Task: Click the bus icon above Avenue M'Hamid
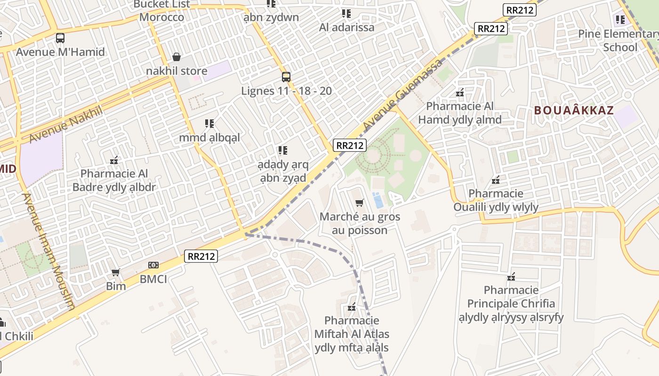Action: point(60,38)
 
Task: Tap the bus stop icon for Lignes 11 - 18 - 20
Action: point(286,77)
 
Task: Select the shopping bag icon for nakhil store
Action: point(177,57)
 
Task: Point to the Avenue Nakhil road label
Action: point(65,125)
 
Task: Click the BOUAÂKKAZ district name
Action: point(574,111)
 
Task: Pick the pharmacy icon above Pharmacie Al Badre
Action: point(114,161)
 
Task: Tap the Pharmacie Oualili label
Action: point(496,200)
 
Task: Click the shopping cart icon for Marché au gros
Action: point(360,203)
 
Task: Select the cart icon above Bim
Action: point(115,273)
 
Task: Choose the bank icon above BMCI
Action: point(153,266)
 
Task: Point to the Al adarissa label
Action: point(346,27)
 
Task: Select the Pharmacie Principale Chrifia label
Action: point(511,304)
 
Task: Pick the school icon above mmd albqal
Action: point(209,124)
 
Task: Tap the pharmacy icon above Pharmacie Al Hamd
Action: point(460,93)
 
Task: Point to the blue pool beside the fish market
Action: point(378,200)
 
